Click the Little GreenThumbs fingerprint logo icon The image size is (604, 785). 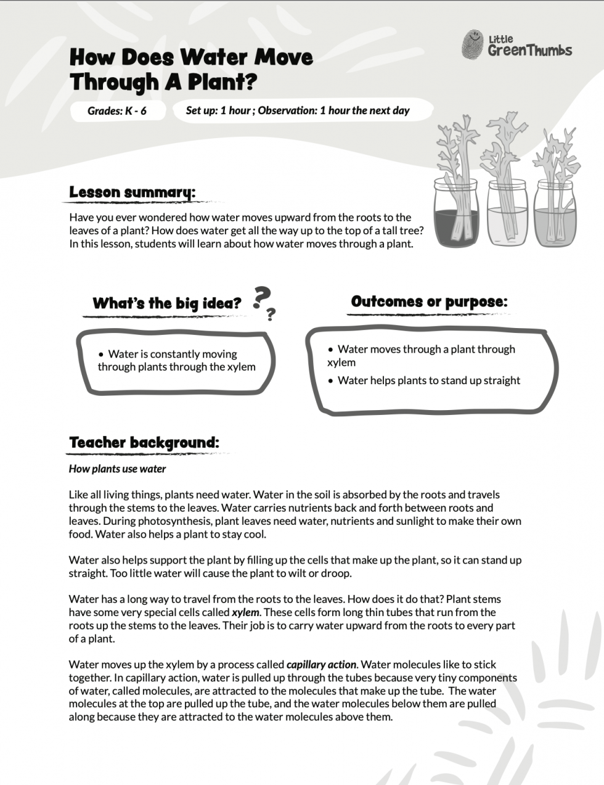pyautogui.click(x=473, y=44)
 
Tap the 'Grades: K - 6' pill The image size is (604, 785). pyautogui.click(x=117, y=111)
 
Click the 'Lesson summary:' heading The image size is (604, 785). pyautogui.click(x=132, y=192)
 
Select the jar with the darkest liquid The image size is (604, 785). pyautogui.click(x=458, y=216)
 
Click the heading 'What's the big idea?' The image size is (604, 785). pyautogui.click(x=166, y=303)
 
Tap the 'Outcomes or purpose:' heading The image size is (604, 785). pyautogui.click(x=429, y=302)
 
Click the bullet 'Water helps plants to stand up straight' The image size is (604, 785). pyautogui.click(x=429, y=380)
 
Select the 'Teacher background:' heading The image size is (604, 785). pyautogui.click(x=144, y=443)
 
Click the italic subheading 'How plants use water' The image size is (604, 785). pyautogui.click(x=117, y=469)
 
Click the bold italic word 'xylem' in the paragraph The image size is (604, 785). pyautogui.click(x=245, y=613)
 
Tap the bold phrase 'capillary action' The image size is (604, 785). pyautogui.click(x=321, y=665)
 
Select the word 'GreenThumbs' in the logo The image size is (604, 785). pyautogui.click(x=530, y=51)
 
